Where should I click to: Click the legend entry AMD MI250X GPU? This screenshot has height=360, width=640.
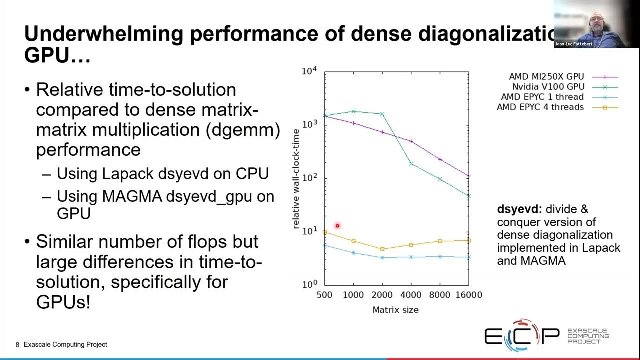coord(546,77)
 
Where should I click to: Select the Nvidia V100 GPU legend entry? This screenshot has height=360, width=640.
coord(548,87)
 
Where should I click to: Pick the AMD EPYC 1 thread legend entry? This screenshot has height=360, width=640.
coord(542,97)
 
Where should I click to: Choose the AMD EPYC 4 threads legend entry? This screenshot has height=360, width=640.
coord(540,107)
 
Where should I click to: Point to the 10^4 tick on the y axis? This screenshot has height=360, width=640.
coord(309,71)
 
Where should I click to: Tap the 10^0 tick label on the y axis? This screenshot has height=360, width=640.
coord(309,285)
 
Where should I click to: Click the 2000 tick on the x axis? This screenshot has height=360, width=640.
coord(382,295)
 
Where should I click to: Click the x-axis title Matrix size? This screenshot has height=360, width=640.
coord(395,310)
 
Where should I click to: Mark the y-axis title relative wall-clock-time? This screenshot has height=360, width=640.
coord(296,178)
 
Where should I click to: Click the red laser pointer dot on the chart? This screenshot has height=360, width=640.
coord(337,226)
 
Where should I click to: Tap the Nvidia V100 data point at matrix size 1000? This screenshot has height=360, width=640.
coord(353,111)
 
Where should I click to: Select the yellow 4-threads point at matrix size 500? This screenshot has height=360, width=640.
coord(325,232)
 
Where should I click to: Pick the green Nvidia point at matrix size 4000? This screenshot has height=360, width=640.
coord(411,163)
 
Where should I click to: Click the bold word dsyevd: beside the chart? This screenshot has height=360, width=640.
coord(517,209)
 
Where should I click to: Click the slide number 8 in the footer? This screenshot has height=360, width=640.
coord(18,345)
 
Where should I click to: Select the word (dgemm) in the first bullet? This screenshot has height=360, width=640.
coord(245,130)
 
